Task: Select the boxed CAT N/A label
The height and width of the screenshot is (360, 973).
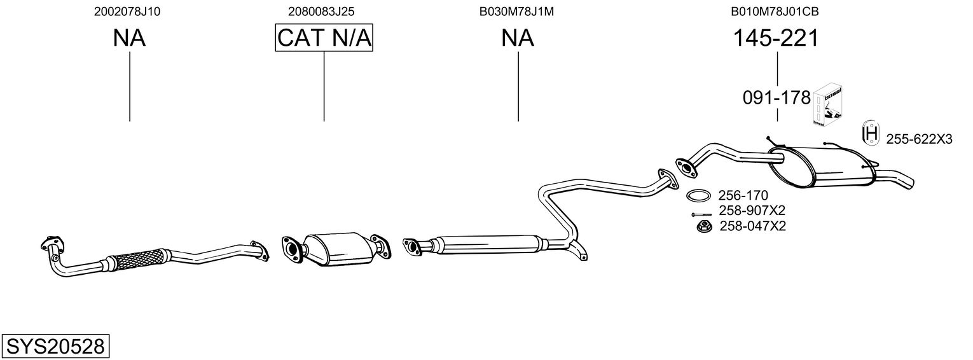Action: [324, 38]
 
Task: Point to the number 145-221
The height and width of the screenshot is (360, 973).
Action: [776, 38]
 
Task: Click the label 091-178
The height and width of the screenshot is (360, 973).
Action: [776, 98]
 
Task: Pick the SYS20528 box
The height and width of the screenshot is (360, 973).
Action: [55, 347]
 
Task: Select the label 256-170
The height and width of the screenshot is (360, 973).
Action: [743, 195]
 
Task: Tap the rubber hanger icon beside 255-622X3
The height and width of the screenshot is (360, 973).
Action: [871, 133]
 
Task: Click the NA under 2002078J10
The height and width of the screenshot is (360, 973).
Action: [129, 38]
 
